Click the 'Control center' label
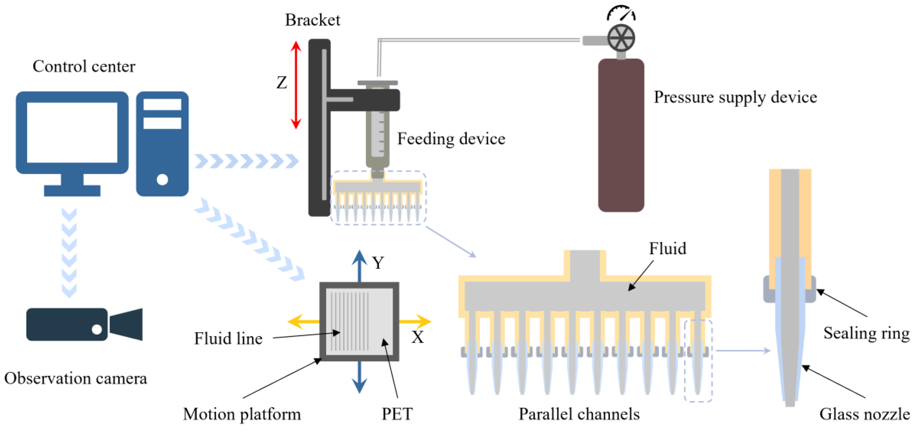tap(84, 66)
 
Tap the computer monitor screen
tap(72, 133)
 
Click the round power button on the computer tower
tap(162, 179)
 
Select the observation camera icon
tap(84, 324)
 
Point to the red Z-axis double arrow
tap(296, 85)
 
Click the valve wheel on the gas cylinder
tap(621, 38)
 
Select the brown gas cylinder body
tap(621, 135)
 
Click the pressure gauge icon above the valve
tap(621, 13)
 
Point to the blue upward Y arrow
tap(360, 266)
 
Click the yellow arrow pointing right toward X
tap(415, 322)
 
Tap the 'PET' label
tap(397, 414)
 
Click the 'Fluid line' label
tap(228, 338)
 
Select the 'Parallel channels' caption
tap(579, 414)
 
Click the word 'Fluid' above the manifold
tap(667, 248)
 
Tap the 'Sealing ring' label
tap(866, 333)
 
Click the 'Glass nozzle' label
tap(865, 414)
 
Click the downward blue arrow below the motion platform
tap(360, 377)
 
